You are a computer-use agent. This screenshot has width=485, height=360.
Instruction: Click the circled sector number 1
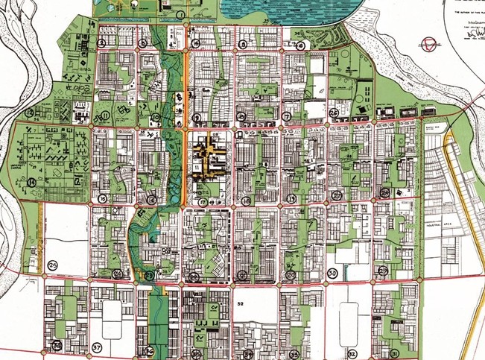pos(181,15)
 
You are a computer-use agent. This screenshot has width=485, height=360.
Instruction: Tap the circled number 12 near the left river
pos(31,113)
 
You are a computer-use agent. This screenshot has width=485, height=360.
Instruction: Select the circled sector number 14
pos(32,183)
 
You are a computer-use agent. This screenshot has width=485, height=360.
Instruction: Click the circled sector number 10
pos(156,118)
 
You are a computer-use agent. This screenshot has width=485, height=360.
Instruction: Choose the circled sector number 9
pos(196,118)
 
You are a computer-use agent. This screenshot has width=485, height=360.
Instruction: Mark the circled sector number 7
pos(287,117)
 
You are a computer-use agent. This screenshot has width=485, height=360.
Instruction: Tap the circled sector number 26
pos(334,113)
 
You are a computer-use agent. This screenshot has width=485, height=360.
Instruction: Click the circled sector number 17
pos(202,202)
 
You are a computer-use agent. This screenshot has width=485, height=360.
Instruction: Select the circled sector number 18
pos(246,201)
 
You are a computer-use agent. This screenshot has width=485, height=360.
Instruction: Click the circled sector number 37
pos(97,347)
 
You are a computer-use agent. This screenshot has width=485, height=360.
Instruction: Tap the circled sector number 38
pos(57,345)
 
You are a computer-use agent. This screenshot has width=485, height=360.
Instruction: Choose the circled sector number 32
pos(351,353)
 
